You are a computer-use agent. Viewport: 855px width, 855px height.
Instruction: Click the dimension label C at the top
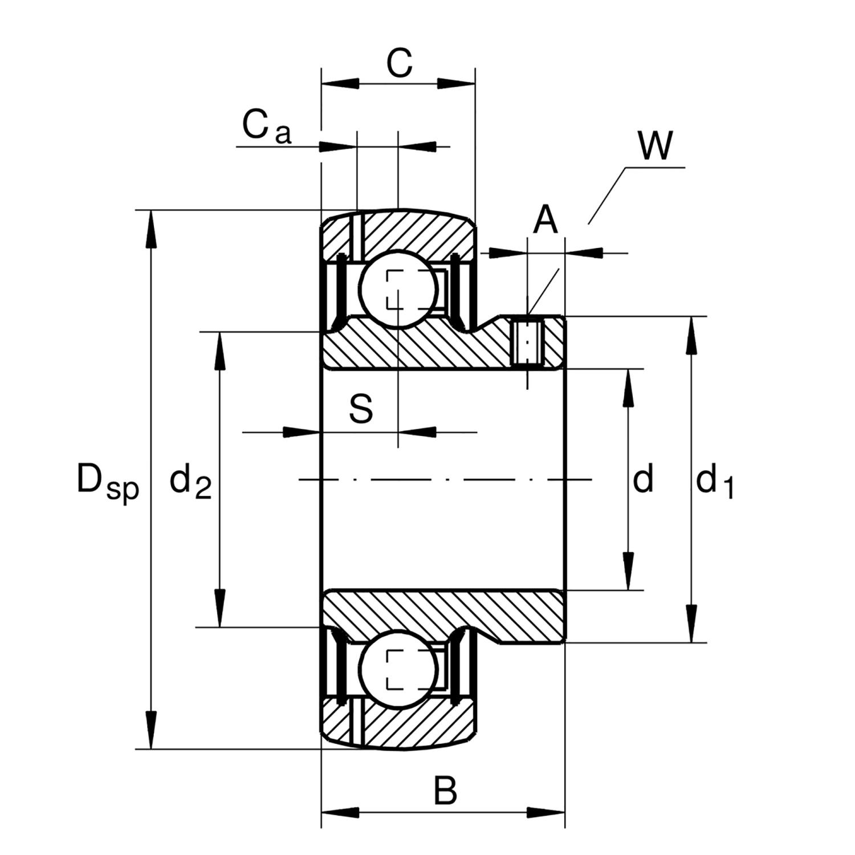pos(399,64)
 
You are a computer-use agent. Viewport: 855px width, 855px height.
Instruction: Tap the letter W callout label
pos(655,146)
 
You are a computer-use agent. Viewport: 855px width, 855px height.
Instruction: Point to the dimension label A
pos(545,221)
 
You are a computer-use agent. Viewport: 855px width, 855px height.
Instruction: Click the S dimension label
pos(361,409)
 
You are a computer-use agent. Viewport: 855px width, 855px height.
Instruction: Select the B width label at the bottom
pos(445,791)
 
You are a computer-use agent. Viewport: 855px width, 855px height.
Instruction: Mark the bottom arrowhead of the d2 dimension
pos(220,609)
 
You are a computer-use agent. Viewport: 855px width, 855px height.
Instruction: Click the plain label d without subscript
pos(643,480)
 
